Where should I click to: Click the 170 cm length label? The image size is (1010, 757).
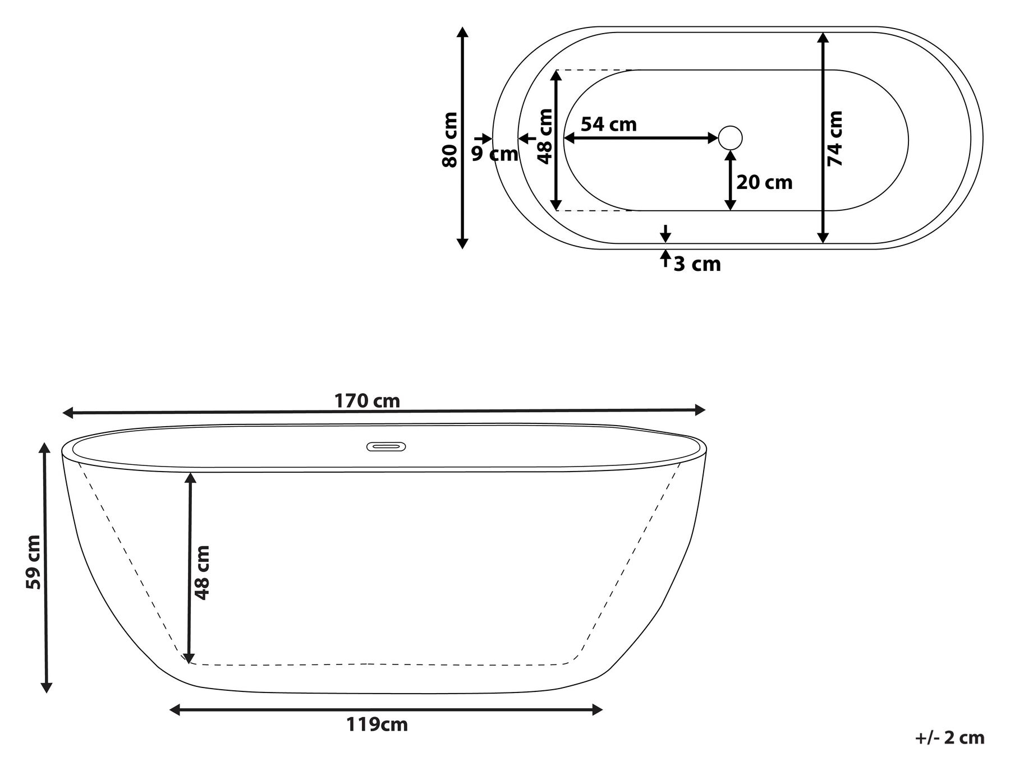pos(367,401)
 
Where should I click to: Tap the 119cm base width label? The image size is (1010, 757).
pos(377,724)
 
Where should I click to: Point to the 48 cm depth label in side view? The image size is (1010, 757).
pos(203,573)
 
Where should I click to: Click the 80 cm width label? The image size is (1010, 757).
pos(449,140)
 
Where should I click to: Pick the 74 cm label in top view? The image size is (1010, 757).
pos(835,138)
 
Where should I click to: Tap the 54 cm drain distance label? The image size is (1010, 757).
pos(609,124)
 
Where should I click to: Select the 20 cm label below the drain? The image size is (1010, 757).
pos(764,182)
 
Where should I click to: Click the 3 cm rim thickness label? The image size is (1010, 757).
pos(697,264)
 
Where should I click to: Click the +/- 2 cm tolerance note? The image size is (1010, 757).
pos(950,737)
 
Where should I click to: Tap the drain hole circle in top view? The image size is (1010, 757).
pos(731,137)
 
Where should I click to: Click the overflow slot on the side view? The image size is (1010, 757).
pos(386,447)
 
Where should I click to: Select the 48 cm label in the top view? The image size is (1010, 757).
pos(544,136)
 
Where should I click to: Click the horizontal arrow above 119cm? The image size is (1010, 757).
pos(386,710)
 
